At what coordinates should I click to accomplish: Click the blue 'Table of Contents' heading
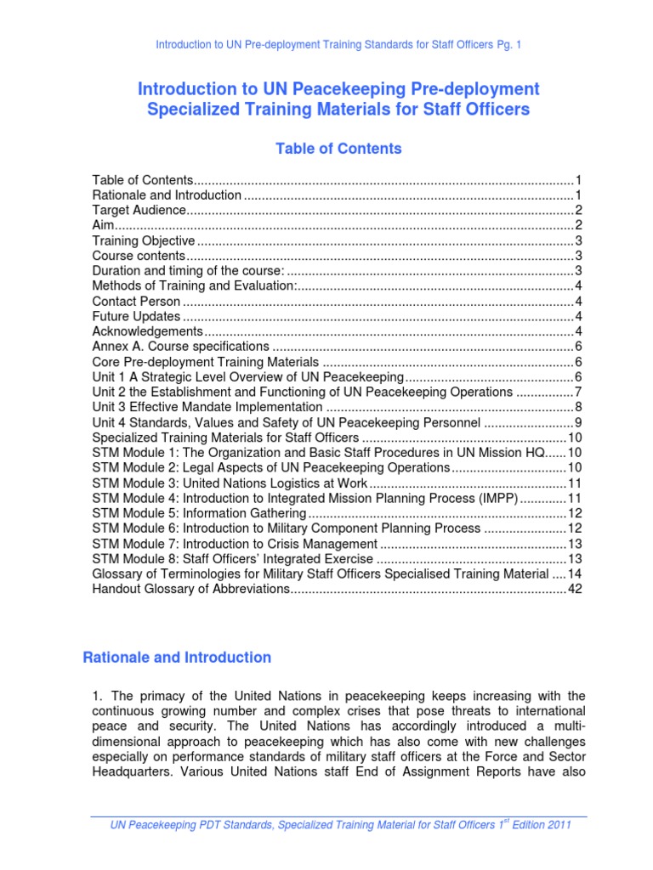pos(338,149)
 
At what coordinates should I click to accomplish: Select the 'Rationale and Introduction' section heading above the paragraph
pos(177,658)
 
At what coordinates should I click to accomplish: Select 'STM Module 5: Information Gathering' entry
pos(198,513)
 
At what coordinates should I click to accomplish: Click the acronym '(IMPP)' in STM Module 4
pos(495,498)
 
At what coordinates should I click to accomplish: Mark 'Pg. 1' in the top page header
pos(508,44)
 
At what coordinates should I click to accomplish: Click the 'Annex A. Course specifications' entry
pos(180,347)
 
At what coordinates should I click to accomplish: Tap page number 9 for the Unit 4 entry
pos(577,422)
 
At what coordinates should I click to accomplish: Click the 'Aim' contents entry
pos(102,225)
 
